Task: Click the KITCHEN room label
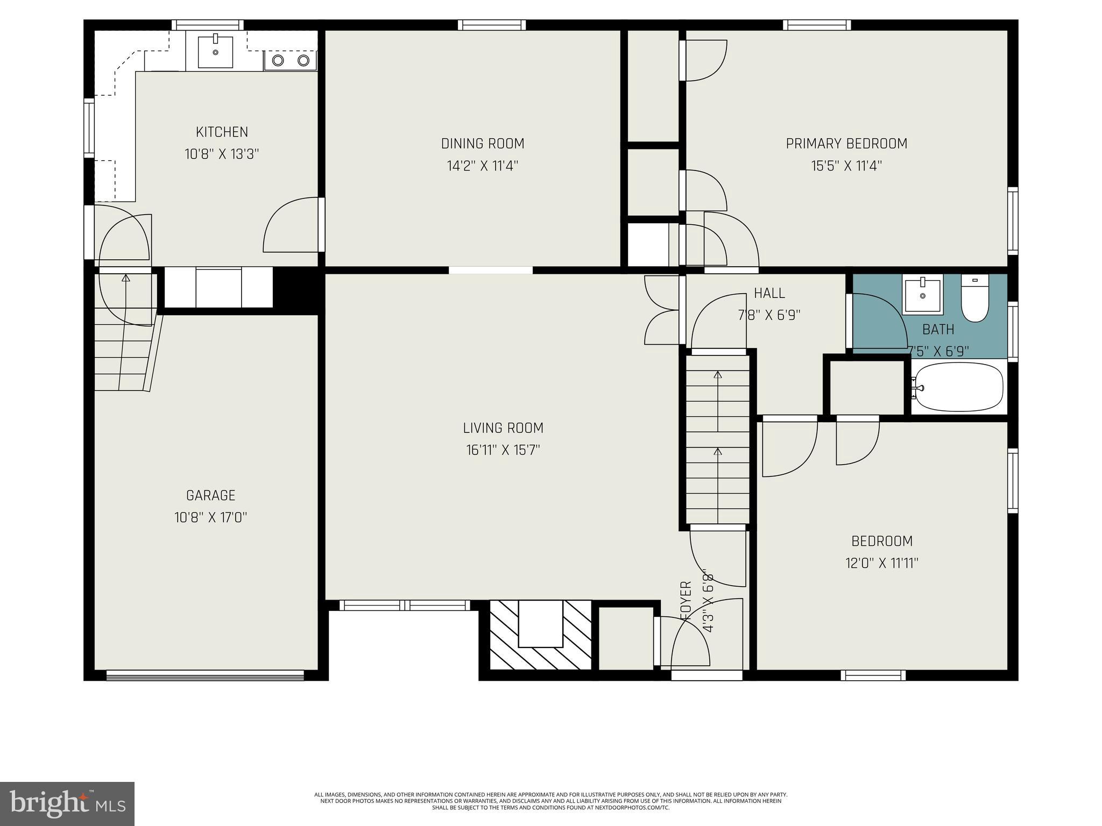point(222,132)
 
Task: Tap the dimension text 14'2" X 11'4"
point(482,166)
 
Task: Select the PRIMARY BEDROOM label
point(846,144)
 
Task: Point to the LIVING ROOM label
point(503,428)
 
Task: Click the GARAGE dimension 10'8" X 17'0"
point(210,517)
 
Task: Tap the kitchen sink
point(215,52)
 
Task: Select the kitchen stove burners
point(291,60)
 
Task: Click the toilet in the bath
point(975,300)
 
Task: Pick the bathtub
point(959,387)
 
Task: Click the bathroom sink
point(923,296)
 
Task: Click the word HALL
point(769,293)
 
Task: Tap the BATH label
point(938,329)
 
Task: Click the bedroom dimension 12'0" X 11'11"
point(881,563)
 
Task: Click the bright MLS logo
point(67,803)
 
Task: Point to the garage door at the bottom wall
point(205,676)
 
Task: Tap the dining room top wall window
point(492,25)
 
